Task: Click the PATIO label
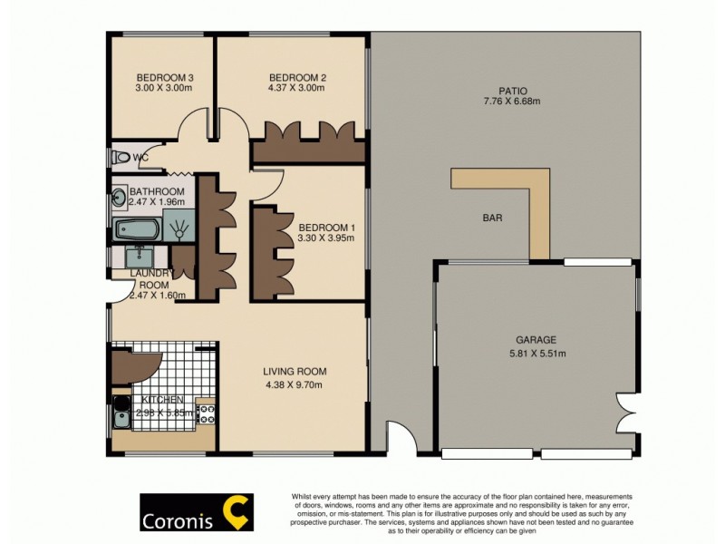(x=512, y=90)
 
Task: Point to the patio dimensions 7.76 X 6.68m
(x=512, y=102)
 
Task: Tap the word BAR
(x=492, y=218)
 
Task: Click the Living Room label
(x=295, y=371)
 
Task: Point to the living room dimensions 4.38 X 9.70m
(x=295, y=384)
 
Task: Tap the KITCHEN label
(x=162, y=400)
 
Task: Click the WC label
(x=140, y=158)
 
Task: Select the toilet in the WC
(x=121, y=158)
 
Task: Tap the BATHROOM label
(x=157, y=191)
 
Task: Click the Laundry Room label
(x=150, y=278)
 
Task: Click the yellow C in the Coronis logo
(x=238, y=512)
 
